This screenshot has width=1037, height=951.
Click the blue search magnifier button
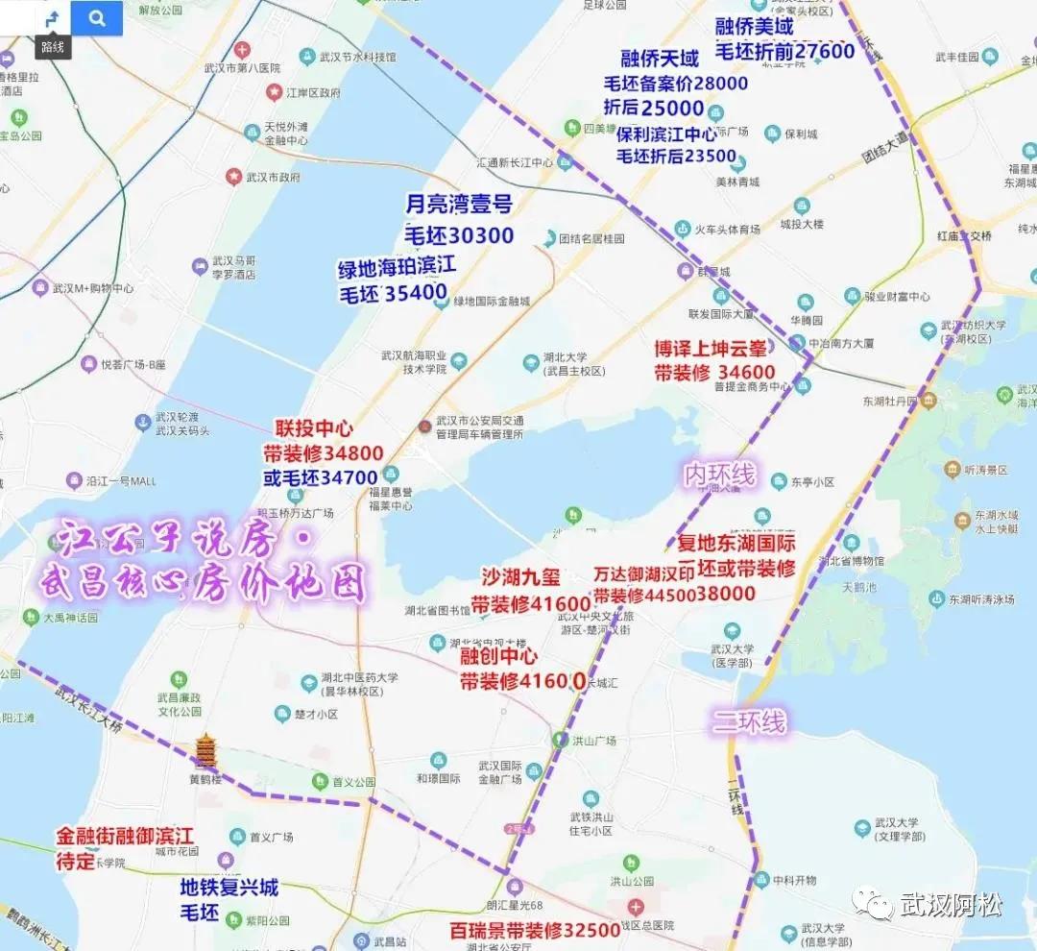[97, 17]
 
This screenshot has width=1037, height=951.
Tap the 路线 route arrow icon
[53, 18]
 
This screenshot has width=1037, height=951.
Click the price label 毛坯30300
[458, 236]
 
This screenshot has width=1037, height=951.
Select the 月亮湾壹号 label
[458, 204]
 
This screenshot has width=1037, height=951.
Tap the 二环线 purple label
[749, 720]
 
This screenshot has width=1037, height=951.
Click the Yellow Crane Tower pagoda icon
[205, 752]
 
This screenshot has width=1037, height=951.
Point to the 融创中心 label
[498, 656]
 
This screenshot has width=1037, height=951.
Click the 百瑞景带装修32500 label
[535, 930]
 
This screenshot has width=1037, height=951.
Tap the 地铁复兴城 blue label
[229, 887]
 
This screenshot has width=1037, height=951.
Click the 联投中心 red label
[314, 428]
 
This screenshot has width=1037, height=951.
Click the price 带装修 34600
[714, 373]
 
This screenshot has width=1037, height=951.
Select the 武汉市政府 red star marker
[233, 177]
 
